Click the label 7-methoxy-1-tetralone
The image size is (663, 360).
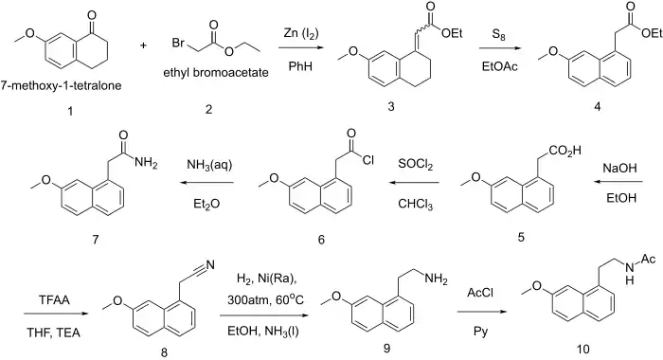[62, 86]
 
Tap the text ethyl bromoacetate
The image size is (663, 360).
[216, 73]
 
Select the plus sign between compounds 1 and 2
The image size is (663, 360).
[143, 45]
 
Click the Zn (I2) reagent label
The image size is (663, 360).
[300, 33]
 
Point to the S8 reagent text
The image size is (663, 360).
[499, 35]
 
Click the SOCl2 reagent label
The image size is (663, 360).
[415, 165]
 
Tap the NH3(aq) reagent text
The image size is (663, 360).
[209, 165]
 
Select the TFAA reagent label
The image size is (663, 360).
[54, 300]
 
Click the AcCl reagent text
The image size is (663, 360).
[480, 293]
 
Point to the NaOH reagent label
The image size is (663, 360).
[619, 169]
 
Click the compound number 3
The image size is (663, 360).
[390, 107]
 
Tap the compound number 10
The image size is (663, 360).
[582, 349]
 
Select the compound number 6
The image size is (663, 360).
[321, 240]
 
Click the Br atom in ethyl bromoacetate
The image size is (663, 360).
[178, 44]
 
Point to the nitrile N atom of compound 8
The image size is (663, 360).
[210, 265]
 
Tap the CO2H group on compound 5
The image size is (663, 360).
[565, 151]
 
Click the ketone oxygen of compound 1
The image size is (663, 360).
[92, 16]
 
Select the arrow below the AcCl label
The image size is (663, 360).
[481, 313]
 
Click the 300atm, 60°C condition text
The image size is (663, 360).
[265, 300]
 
